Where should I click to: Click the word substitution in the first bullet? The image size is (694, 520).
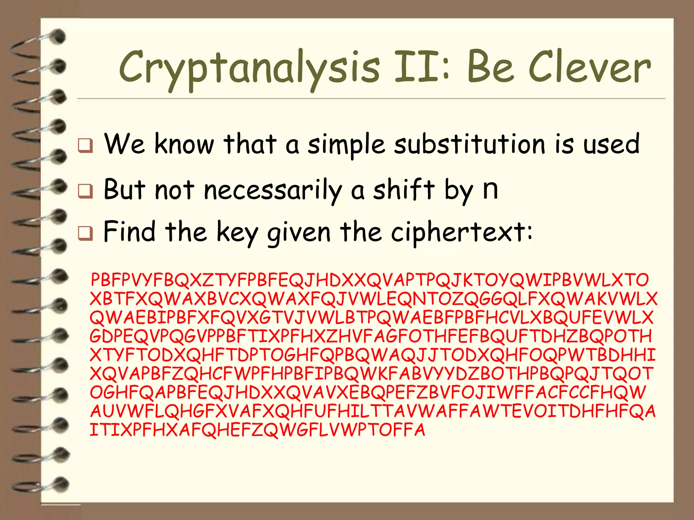tap(470, 144)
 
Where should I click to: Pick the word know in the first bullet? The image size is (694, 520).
tap(184, 144)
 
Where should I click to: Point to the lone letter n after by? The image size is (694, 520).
tap(490, 190)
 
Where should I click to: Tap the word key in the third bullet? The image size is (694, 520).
tap(237, 233)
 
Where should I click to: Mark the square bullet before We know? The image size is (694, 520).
tap(85, 146)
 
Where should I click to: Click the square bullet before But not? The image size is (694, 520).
tap(85, 191)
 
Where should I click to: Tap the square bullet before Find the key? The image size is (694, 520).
tap(85, 233)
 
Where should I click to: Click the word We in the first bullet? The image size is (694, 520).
tap(124, 144)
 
